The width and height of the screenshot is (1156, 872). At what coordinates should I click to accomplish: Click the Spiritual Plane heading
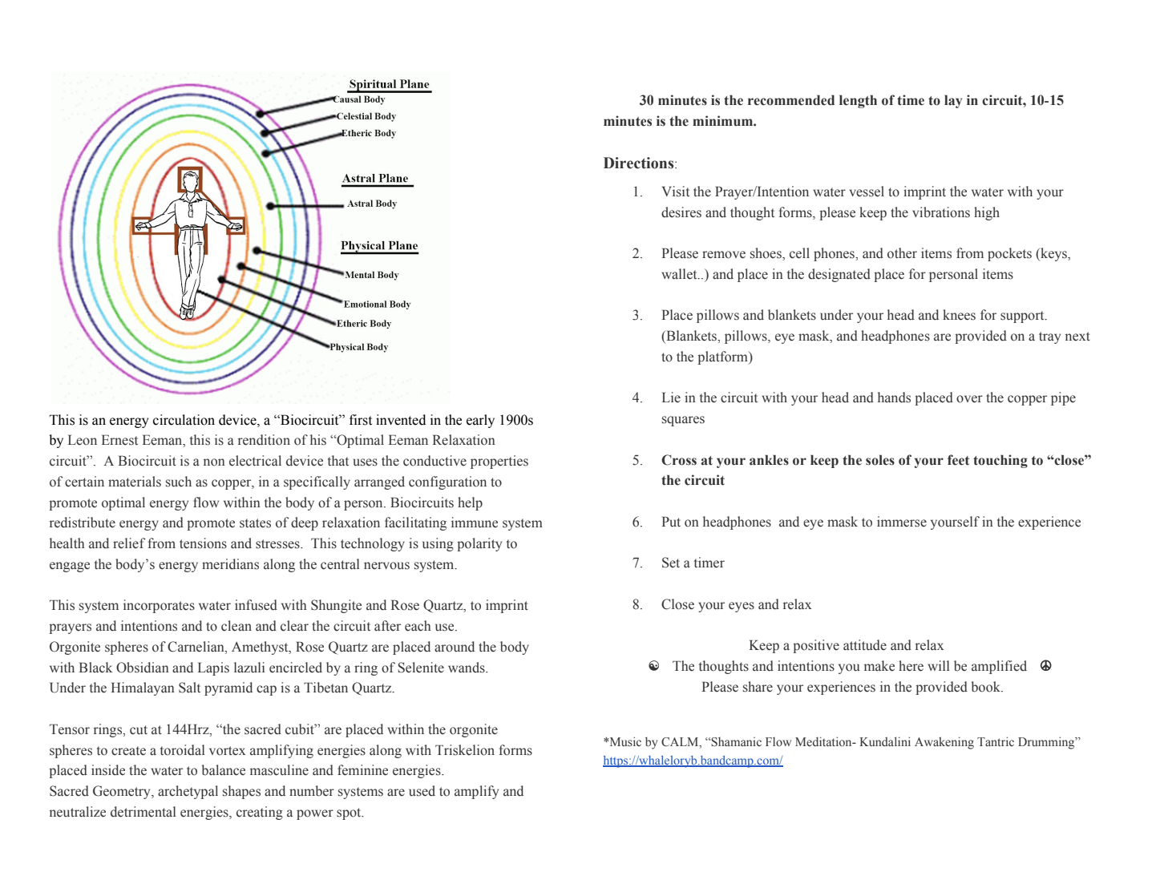click(x=389, y=84)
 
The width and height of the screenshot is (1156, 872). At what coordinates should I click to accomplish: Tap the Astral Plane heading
click(x=375, y=179)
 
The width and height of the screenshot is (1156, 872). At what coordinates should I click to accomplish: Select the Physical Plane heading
click(x=379, y=246)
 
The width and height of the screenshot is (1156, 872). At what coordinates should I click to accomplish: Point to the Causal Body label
click(x=359, y=99)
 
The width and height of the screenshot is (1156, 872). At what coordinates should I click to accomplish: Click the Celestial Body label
click(x=366, y=116)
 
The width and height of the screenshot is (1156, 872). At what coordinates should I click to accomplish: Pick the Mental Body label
click(x=371, y=275)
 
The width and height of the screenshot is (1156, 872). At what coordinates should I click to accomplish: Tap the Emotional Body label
click(x=377, y=305)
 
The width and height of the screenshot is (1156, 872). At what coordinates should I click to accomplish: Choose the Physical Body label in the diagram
click(x=359, y=347)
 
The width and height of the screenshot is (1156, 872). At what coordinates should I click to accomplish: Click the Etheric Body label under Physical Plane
click(x=364, y=324)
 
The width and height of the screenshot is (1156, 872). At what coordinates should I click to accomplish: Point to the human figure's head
click(x=190, y=181)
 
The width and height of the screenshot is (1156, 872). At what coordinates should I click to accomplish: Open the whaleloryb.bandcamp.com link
click(x=693, y=761)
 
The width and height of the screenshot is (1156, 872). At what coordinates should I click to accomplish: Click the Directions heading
click(x=639, y=163)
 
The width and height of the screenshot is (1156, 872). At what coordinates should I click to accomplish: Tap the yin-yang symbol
click(x=654, y=666)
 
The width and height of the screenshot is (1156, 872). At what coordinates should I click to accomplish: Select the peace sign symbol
click(x=1045, y=666)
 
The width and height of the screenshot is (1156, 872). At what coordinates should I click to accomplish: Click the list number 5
click(x=637, y=460)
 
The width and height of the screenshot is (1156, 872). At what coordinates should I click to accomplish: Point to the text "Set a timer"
click(x=693, y=563)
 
